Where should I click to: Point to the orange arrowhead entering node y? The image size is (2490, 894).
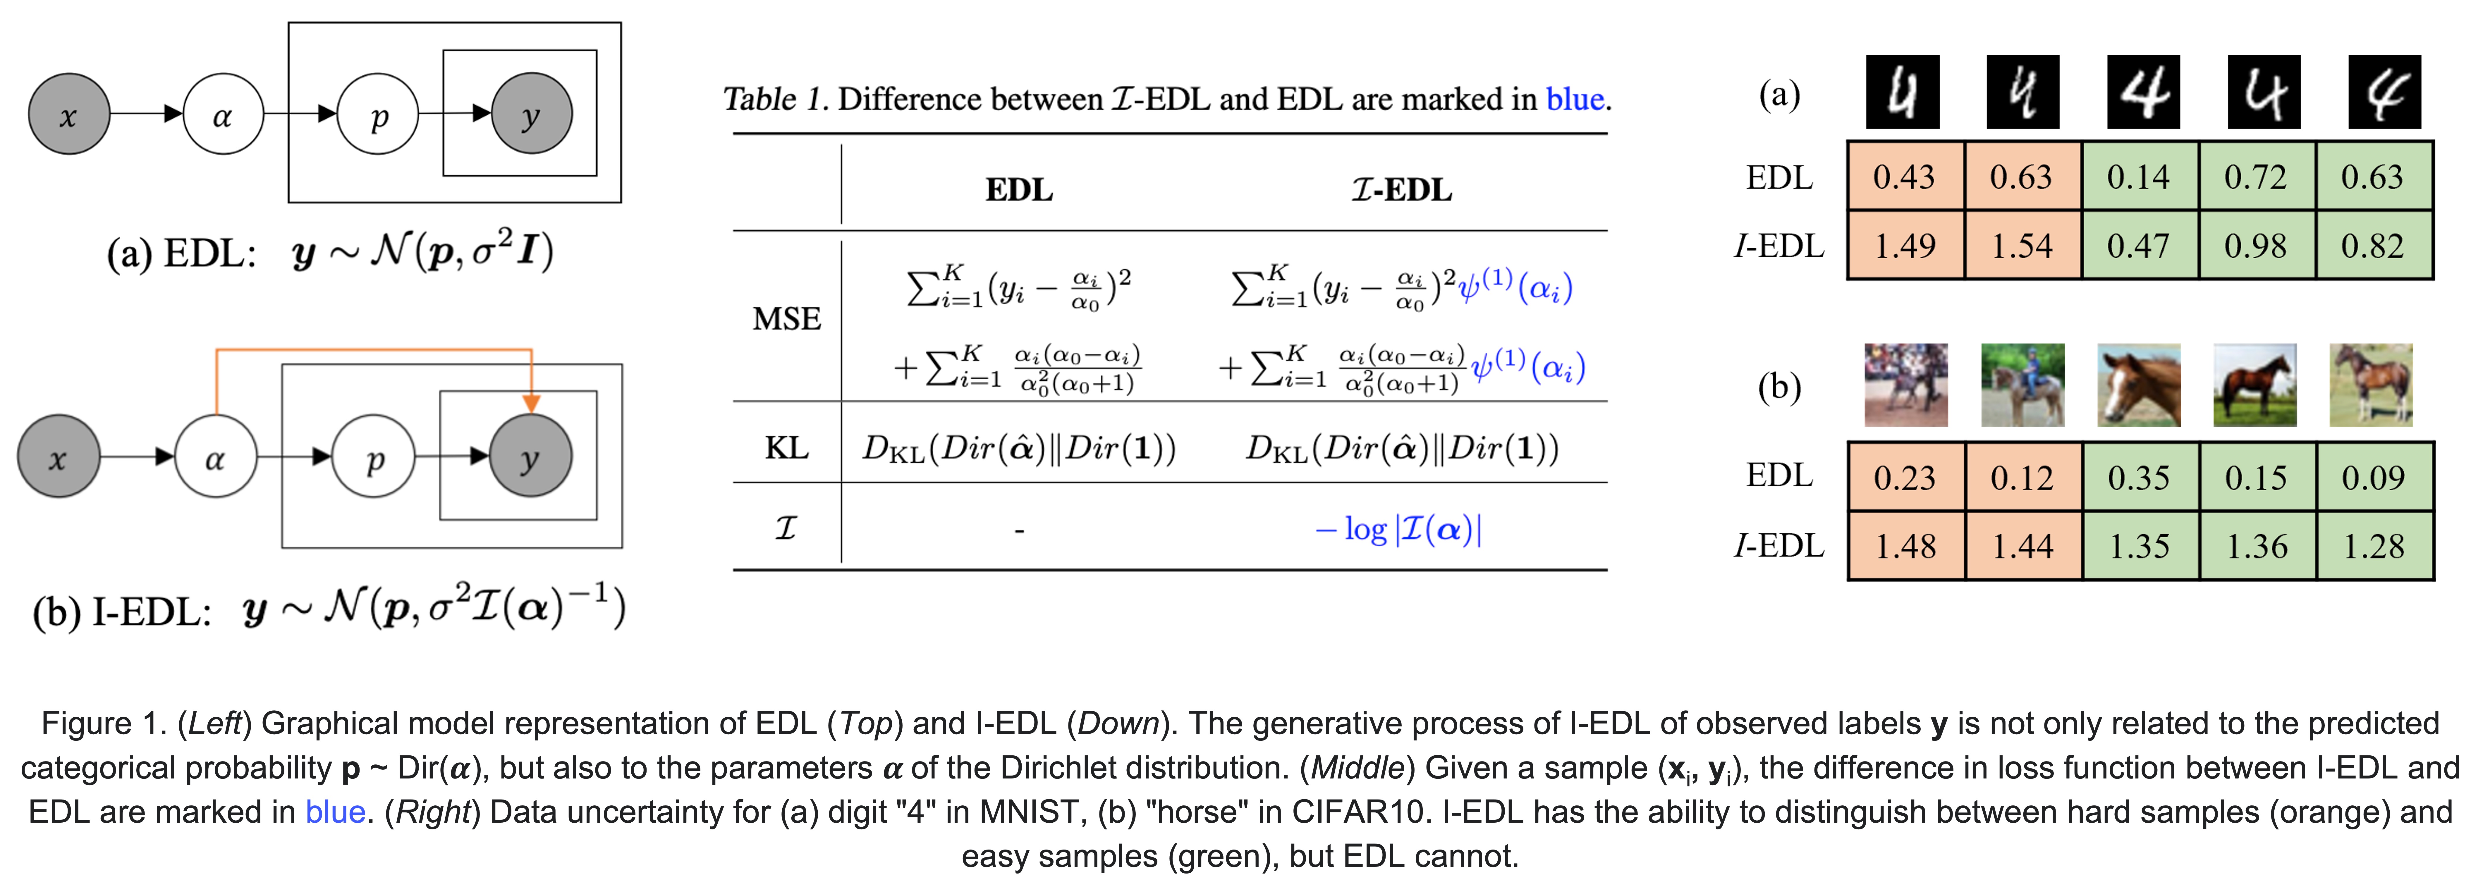coord(531,403)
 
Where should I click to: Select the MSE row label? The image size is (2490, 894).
coord(787,319)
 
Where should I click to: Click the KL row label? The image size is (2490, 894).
coord(787,447)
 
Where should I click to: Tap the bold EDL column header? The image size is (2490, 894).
coord(1019,190)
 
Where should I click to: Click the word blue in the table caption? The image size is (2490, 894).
coord(1575,99)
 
